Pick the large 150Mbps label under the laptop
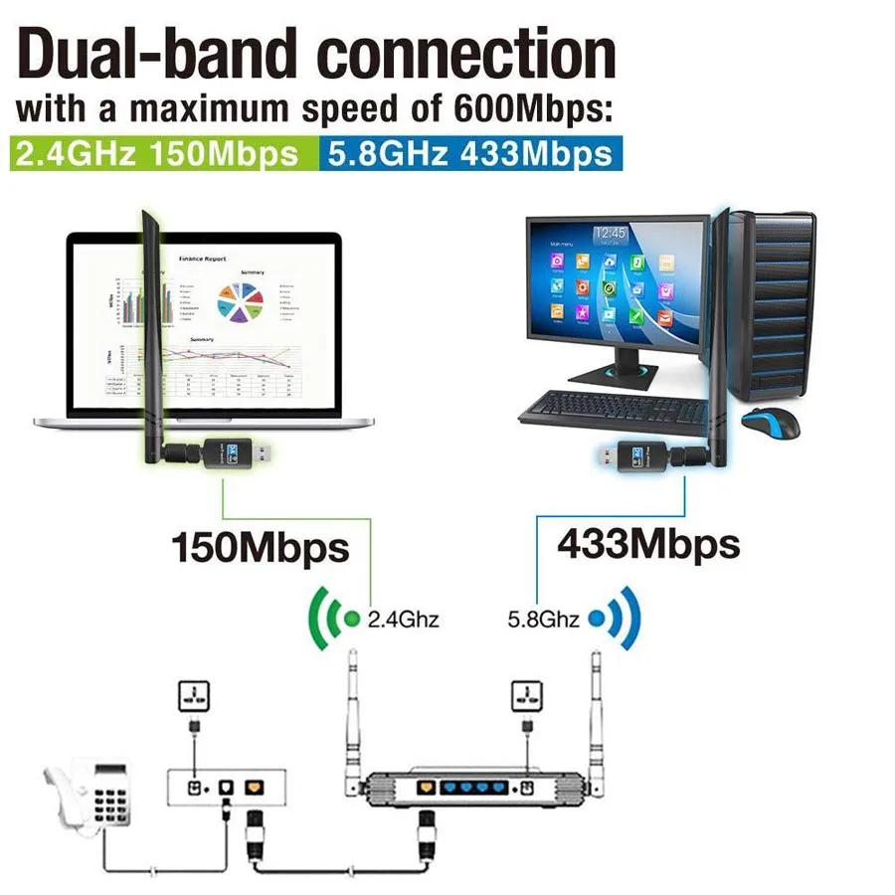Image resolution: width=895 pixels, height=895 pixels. [x=261, y=547]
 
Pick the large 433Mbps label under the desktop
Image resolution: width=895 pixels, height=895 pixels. [x=648, y=544]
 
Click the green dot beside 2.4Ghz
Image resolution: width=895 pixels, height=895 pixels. [x=351, y=619]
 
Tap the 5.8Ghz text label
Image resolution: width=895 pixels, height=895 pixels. [x=543, y=620]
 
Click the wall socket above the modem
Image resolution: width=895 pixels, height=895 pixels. [x=193, y=696]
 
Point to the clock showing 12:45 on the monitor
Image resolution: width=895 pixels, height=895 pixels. [x=610, y=235]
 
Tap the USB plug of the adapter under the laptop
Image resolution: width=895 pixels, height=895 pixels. [x=260, y=455]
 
